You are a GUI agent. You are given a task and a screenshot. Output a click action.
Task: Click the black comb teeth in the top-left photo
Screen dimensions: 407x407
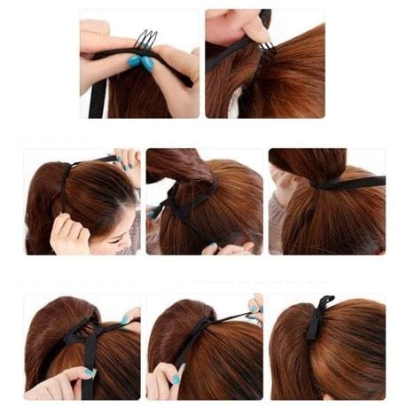pyautogui.click(x=145, y=39)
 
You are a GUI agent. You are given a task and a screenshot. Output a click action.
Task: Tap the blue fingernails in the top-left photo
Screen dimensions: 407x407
pyautogui.click(x=139, y=62)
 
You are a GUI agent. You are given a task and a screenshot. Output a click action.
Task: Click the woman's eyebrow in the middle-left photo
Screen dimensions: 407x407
pyautogui.click(x=123, y=216)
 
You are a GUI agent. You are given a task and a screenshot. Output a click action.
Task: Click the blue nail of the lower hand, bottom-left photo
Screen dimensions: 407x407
pyautogui.click(x=89, y=373)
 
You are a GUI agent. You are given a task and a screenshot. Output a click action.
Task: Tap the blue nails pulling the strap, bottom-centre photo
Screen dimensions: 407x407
pyautogui.click(x=253, y=314)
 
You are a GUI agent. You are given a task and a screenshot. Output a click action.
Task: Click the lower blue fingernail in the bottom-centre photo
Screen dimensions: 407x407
pyautogui.click(x=176, y=379)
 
